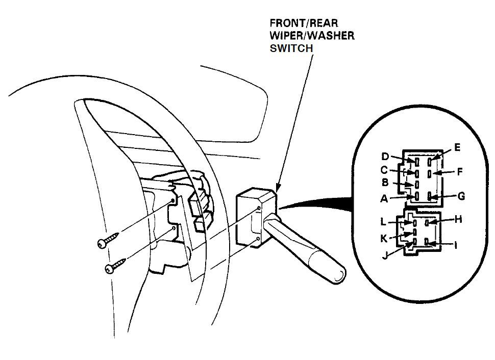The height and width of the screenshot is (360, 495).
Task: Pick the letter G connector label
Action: [461, 196]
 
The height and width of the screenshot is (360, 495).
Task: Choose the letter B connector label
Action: [386, 182]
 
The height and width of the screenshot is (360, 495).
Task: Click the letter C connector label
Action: [385, 169]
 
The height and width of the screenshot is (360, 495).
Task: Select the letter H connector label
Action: [458, 219]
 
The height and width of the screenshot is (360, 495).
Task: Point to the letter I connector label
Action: [456, 245]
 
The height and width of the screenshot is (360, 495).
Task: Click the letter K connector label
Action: [384, 238]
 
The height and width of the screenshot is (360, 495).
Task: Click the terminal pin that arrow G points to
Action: [430, 196]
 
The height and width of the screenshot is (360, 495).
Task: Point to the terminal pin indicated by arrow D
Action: [417, 162]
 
